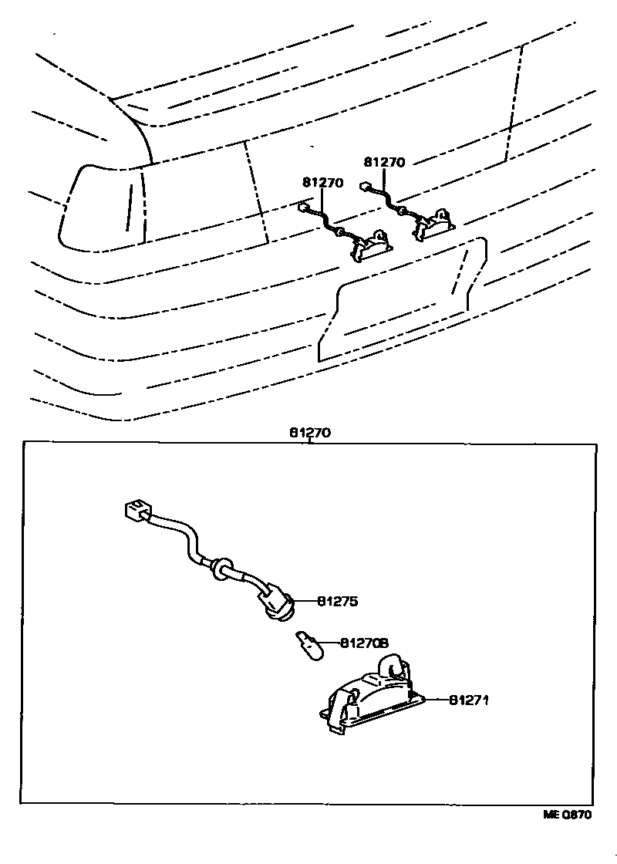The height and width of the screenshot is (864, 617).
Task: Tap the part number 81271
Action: click(x=470, y=700)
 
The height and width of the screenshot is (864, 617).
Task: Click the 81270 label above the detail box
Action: click(x=310, y=433)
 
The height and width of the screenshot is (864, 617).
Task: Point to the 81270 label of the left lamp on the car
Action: click(x=322, y=183)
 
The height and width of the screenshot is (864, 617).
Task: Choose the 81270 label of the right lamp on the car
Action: click(x=383, y=163)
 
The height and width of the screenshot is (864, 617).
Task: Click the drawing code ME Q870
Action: click(x=568, y=815)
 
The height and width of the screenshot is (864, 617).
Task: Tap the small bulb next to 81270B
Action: click(x=308, y=642)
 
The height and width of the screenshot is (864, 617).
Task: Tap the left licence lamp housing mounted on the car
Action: click(x=373, y=244)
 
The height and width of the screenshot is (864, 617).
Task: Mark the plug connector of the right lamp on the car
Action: click(x=365, y=186)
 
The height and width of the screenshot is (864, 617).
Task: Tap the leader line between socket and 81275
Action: click(x=305, y=600)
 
